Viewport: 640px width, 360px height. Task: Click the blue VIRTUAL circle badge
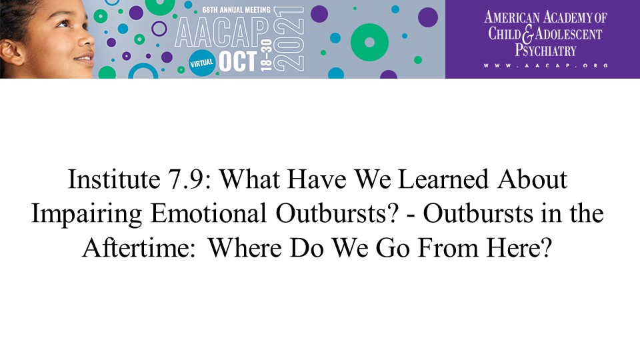tap(201, 63)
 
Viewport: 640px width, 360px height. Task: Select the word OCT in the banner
tap(238, 61)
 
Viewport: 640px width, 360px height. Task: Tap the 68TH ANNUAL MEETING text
tap(236, 10)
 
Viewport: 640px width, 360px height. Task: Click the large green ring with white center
tap(369, 43)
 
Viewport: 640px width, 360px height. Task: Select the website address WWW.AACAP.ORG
tap(546, 65)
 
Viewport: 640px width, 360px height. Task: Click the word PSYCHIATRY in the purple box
tap(545, 50)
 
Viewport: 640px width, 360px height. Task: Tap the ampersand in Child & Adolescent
tap(528, 34)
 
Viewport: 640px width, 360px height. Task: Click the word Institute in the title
tap(114, 179)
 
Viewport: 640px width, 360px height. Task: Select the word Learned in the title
tap(443, 179)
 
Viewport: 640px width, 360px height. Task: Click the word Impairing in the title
tap(87, 214)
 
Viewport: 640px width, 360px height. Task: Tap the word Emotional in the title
tap(208, 213)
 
